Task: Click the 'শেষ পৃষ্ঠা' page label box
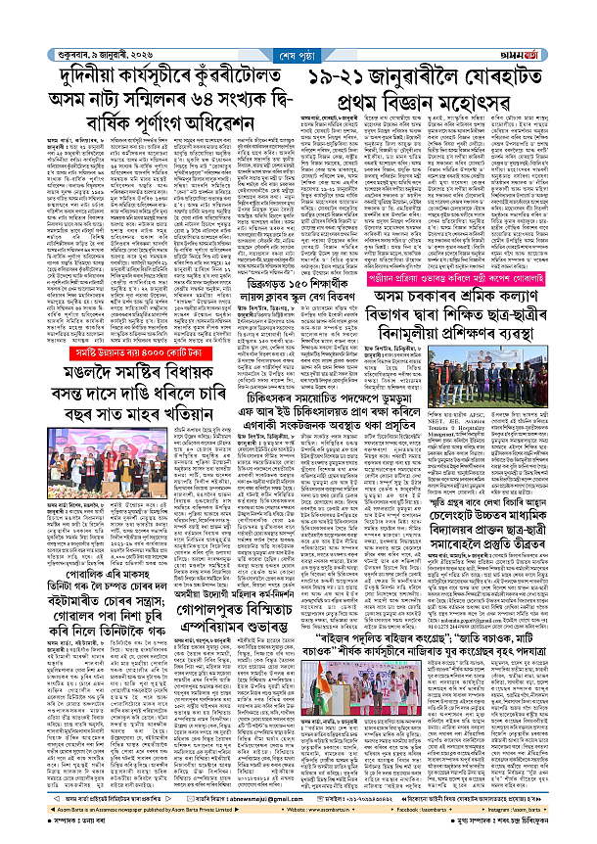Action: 297,40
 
